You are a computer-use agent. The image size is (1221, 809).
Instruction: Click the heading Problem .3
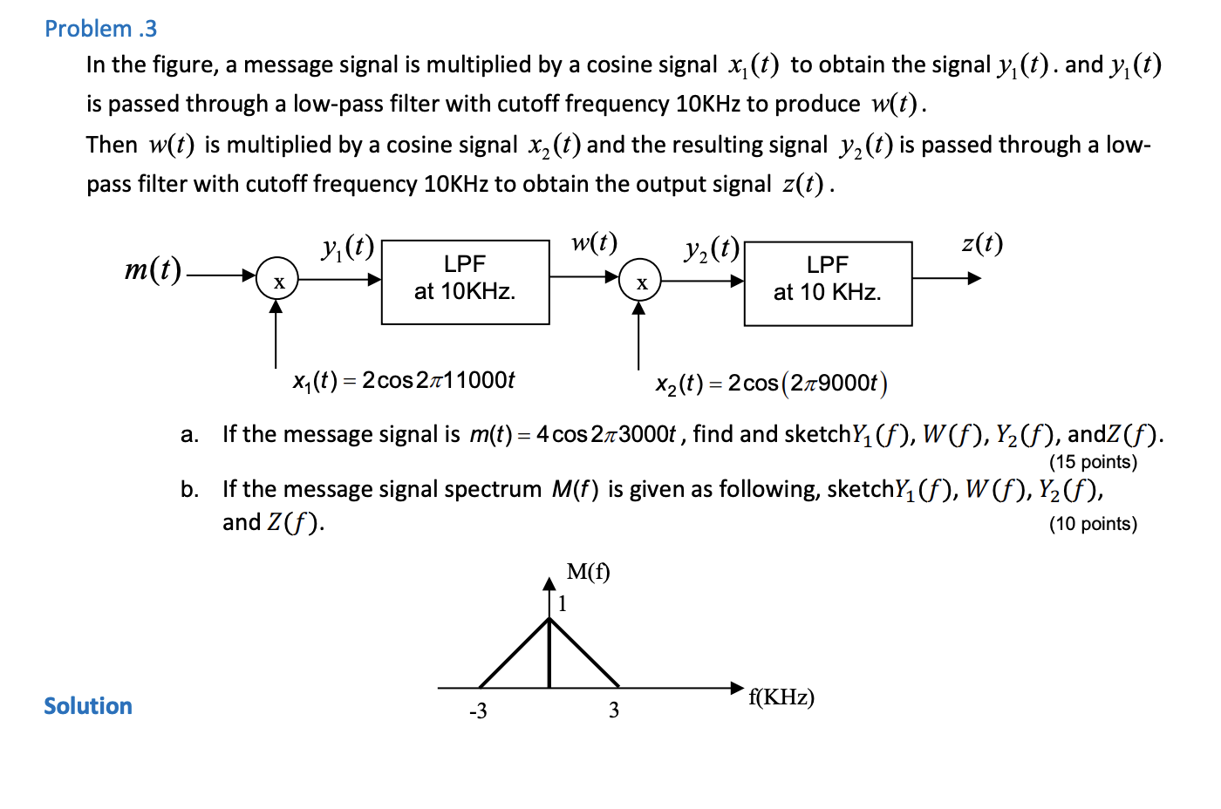pos(100,29)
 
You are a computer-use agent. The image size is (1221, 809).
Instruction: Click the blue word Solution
pos(88,706)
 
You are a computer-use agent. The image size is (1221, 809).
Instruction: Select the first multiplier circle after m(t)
pos(277,280)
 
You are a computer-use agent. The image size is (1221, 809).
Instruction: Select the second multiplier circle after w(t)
pos(640,281)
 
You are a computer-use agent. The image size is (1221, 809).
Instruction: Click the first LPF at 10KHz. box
pos(465,282)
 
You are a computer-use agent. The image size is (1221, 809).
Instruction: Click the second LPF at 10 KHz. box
pos(828,283)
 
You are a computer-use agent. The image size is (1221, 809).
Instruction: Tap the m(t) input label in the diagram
pos(153,269)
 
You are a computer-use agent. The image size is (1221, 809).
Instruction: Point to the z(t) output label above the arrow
pos(982,243)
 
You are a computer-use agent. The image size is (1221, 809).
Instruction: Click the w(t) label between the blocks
pos(594,242)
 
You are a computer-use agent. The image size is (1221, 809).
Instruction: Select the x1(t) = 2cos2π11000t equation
pos(404,381)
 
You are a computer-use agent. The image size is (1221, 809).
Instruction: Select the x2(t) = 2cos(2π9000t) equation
pos(771,384)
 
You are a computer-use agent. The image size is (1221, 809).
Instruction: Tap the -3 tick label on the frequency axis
pos(478,711)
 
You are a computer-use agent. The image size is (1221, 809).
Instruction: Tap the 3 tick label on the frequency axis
pos(614,710)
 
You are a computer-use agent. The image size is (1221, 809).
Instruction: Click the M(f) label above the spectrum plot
pos(588,572)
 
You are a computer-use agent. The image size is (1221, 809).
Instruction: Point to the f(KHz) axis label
pos(781,697)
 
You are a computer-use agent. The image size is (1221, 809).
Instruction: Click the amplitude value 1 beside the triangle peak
pos(563,603)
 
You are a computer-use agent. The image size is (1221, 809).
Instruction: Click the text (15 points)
pos(1093,462)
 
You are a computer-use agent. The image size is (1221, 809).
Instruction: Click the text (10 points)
pos(1093,524)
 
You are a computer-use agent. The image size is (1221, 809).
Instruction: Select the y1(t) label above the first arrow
pos(347,248)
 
